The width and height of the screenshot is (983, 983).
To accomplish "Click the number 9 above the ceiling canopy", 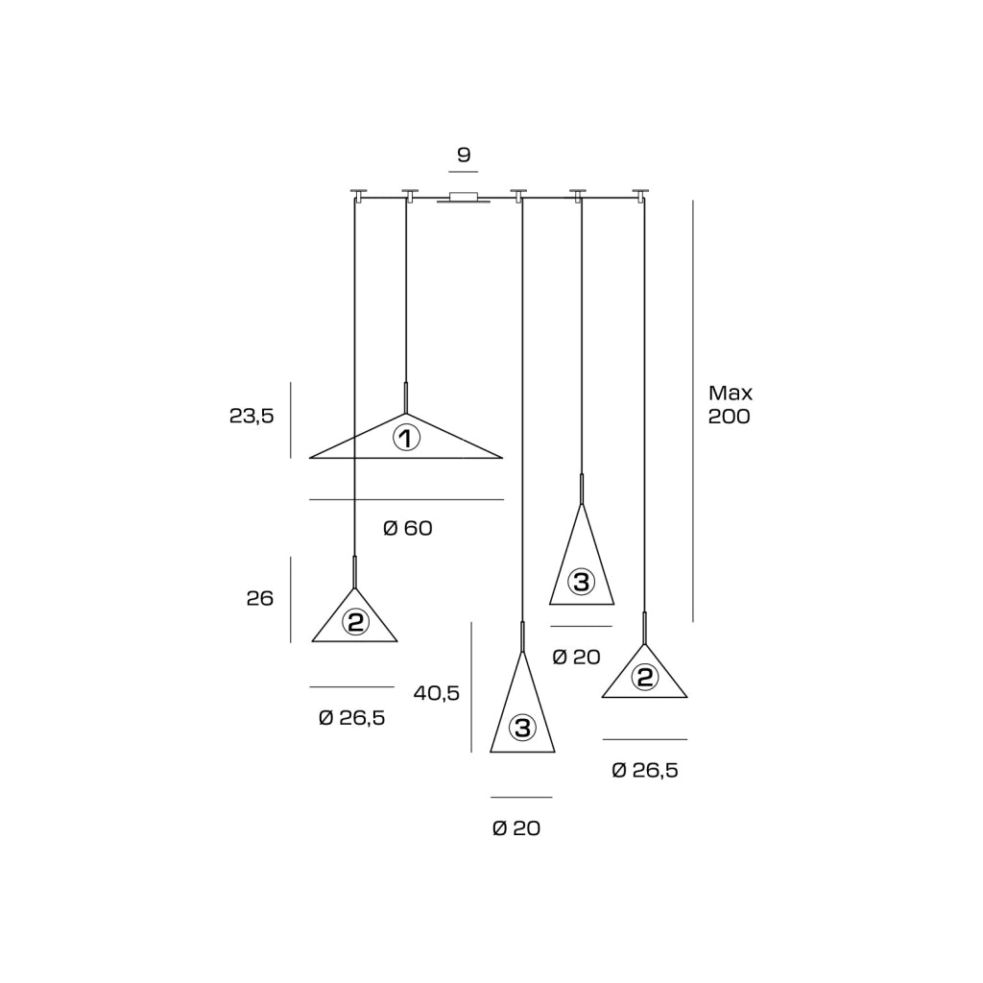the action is tap(464, 155).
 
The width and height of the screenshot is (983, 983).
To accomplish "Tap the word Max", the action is tap(731, 393).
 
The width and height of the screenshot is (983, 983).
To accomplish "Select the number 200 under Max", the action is tap(730, 417).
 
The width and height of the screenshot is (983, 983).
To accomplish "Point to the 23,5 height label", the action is tap(252, 417).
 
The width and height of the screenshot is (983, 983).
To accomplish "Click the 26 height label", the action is tap(259, 599).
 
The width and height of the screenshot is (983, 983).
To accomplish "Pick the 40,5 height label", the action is tap(437, 693).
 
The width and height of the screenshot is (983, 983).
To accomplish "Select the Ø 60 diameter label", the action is tap(407, 529).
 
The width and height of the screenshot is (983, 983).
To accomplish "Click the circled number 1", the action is tap(406, 438).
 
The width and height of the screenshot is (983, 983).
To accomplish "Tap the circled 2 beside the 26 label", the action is tap(355, 622).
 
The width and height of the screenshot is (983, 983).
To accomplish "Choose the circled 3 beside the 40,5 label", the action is tap(522, 728).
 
